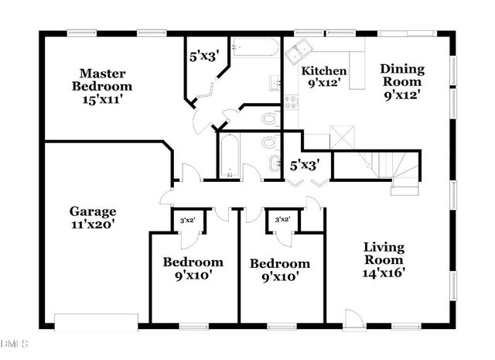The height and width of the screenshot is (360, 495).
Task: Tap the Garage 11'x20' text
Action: (93, 218)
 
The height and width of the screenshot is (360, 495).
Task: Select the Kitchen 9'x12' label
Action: (323, 76)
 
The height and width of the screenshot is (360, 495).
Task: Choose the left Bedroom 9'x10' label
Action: (193, 268)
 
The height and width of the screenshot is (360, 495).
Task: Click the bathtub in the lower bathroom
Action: (229, 157)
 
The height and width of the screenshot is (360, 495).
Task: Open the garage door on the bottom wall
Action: (95, 320)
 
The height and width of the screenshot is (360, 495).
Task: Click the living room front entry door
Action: (353, 317)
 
